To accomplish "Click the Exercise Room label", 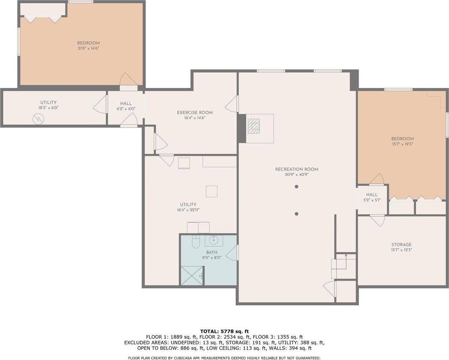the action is point(195,112).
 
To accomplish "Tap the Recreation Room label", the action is point(297,169).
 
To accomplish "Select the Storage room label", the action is point(401,244).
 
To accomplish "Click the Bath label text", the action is point(212,252).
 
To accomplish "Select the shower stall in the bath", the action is point(192,275).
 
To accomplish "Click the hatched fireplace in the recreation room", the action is point(254,126).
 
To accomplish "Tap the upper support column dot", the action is point(297,187).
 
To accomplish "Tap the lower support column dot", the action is point(297,214).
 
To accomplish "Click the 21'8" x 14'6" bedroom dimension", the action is point(88,48).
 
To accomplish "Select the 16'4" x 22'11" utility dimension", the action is point(188,210).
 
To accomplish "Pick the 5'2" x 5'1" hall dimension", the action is point(372,200).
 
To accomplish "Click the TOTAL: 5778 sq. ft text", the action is point(224,331).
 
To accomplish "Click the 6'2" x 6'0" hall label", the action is point(126,109).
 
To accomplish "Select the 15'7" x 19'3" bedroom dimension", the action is point(402,144).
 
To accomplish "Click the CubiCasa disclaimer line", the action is point(224,358).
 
